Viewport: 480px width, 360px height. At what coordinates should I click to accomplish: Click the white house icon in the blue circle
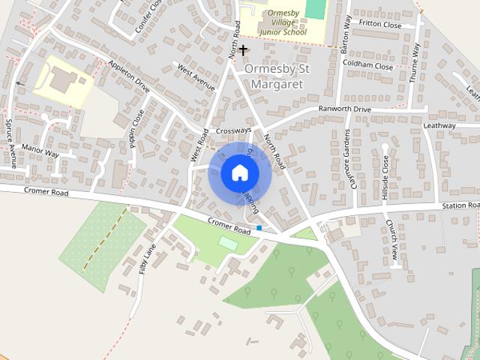coord(239,173)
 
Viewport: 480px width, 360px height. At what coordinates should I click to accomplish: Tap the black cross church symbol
coord(244,49)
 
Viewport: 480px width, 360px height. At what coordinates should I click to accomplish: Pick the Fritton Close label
coord(380,25)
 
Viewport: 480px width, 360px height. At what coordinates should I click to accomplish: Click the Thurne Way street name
coord(415,61)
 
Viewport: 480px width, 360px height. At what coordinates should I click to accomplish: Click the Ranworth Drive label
coord(345,109)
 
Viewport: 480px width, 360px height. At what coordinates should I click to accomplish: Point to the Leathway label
coord(439,126)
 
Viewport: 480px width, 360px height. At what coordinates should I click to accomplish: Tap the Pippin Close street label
coord(136,129)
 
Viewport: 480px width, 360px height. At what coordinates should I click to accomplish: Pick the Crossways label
coord(233,130)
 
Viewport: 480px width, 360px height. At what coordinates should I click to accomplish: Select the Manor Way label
coord(40,152)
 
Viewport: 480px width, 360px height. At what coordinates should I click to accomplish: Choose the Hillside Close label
coord(385,178)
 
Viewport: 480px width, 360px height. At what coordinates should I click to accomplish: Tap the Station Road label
coord(459,205)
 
